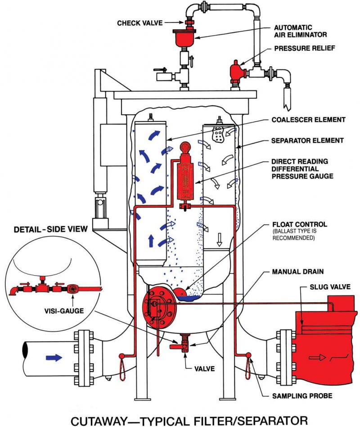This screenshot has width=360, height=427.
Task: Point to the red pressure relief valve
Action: tap(236, 71)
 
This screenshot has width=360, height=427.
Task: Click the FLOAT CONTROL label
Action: tap(294, 224)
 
